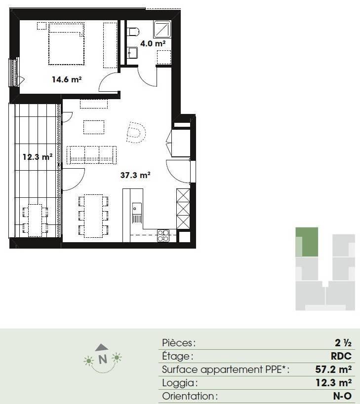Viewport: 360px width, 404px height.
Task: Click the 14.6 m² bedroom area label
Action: pos(67,79)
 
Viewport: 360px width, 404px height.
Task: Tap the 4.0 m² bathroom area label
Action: pos(153,43)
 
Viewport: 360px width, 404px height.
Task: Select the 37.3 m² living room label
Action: pos(135,175)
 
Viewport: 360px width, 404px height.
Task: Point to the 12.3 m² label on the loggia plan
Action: pos(38,157)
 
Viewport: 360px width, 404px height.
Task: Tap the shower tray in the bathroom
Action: pos(162,29)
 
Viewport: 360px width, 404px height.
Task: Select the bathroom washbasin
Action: pos(132,53)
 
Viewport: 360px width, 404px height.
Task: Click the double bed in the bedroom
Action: pos(66,43)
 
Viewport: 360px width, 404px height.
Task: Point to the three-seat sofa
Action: pos(91,155)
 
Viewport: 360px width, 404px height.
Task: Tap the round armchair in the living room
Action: pos(136,132)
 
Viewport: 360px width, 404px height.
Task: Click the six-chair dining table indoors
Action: pos(93,216)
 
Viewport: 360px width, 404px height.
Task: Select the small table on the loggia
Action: pos(35,220)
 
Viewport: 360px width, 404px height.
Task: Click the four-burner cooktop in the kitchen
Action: pos(163,235)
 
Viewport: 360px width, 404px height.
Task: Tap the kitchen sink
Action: pos(137,213)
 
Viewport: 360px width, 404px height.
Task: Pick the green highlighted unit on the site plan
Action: pos(307,242)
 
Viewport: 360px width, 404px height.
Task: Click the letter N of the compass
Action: pos(103,359)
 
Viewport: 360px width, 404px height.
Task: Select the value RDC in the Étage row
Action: pos(341,356)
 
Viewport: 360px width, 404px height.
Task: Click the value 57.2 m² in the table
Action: pos(333,369)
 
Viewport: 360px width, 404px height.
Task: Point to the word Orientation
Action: pos(190,396)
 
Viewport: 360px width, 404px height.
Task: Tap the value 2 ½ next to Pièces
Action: pos(343,343)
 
